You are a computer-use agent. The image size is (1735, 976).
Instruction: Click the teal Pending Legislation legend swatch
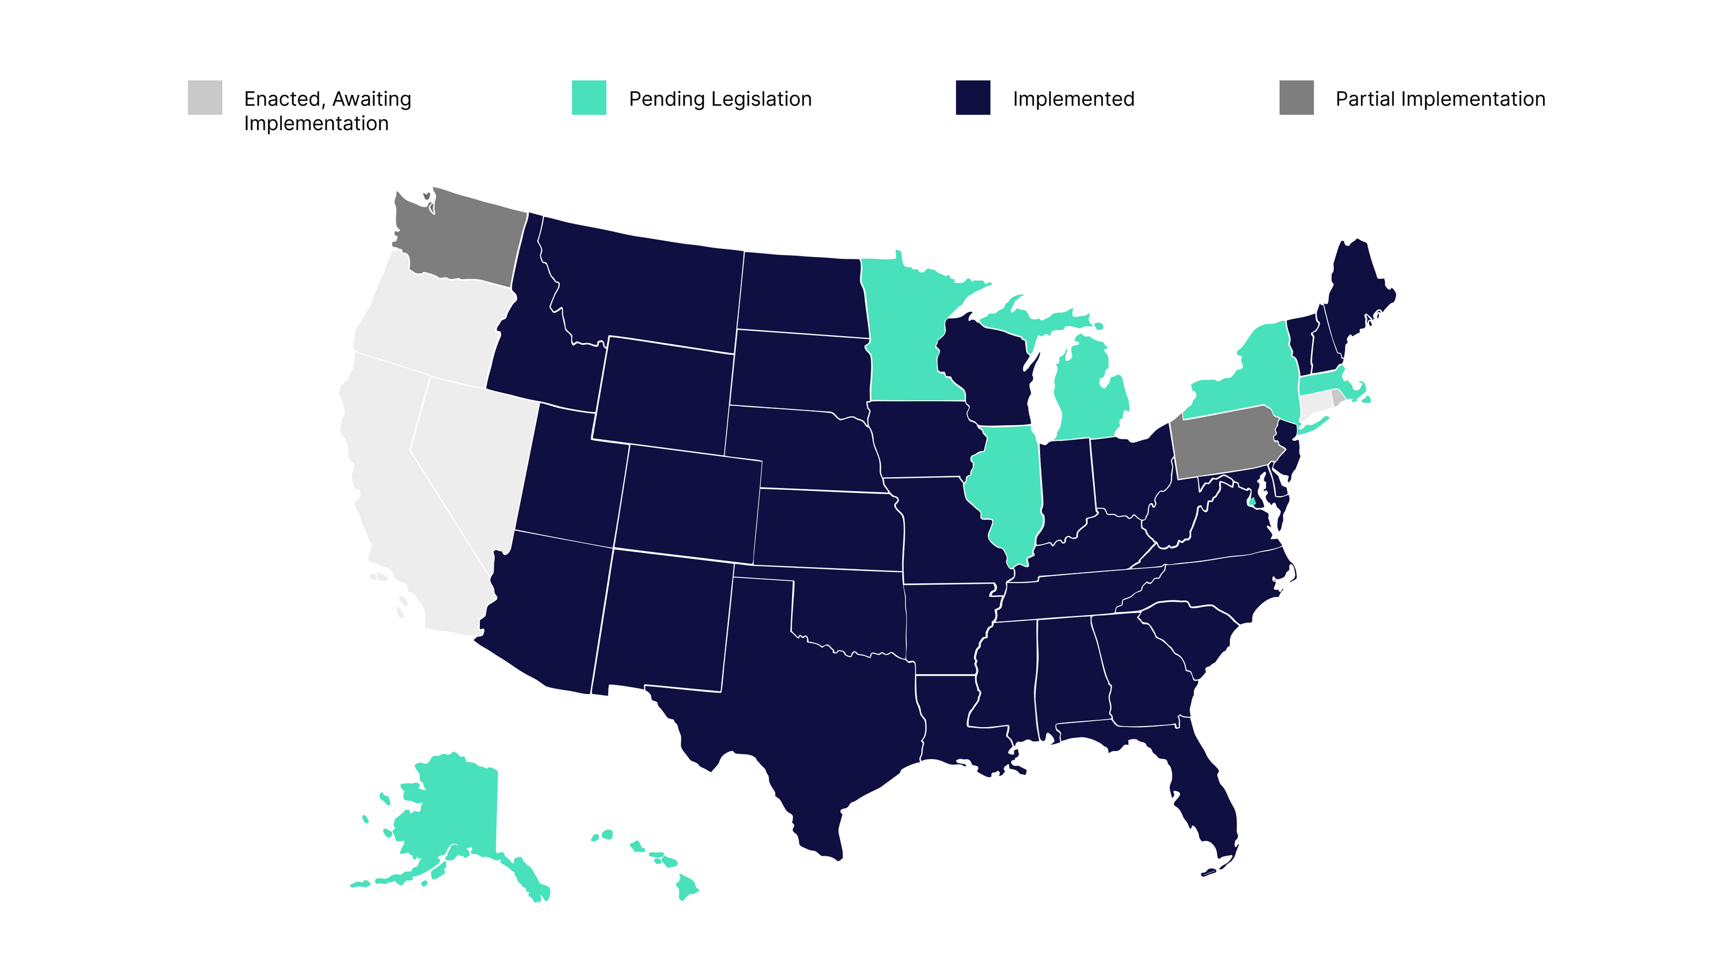589,98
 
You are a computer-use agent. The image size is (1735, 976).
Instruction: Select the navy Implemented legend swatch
973,98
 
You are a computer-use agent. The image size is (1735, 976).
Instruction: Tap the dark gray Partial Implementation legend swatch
1296,98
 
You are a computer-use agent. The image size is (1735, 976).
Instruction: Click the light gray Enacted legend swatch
205,98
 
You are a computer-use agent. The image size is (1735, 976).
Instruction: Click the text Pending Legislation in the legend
720,99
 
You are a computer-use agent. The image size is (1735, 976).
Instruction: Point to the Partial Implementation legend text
1440,99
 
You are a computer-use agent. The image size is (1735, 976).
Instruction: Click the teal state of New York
1253,377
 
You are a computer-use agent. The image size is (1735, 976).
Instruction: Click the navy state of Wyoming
664,394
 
